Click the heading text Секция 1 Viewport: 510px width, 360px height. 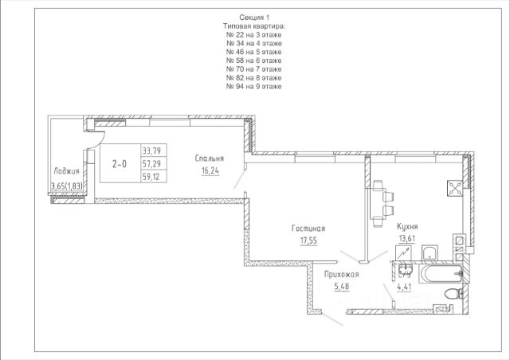tap(254, 18)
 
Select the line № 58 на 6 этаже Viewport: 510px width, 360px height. tap(254, 61)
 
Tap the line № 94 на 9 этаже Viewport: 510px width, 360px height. tap(254, 87)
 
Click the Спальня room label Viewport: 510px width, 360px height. tap(210, 158)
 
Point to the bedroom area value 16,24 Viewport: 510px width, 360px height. tap(210, 171)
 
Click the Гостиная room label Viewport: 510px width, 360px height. tap(308, 229)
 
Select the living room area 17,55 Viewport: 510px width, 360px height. tap(308, 241)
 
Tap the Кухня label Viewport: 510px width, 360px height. tap(407, 227)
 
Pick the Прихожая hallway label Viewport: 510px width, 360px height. tap(342, 275)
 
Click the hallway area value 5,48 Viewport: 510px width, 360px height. tap(342, 287)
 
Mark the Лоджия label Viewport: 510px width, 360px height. tap(66, 171)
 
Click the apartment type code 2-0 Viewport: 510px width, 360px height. tap(120, 164)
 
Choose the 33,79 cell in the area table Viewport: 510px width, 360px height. tap(151, 151)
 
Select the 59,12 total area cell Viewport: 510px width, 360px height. tap(151, 177)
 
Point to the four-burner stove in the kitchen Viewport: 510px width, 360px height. tap(455, 188)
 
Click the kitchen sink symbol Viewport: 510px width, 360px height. tap(430, 252)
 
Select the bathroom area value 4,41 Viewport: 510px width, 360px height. tap(405, 288)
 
